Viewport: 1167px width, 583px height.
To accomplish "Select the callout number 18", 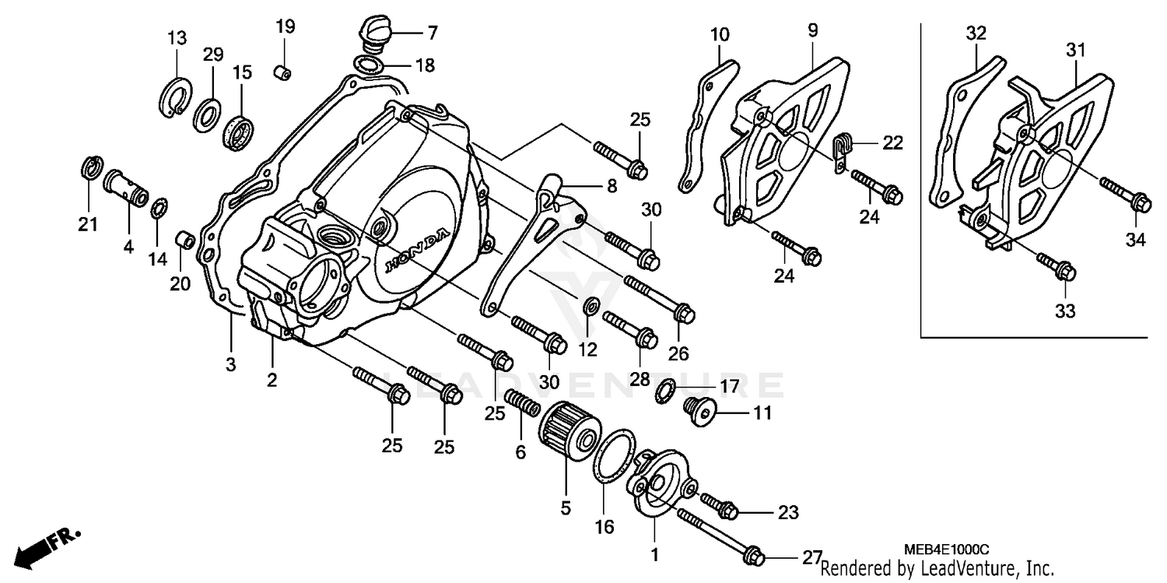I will pos(425,65).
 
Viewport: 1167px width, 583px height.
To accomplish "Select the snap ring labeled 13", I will pos(177,96).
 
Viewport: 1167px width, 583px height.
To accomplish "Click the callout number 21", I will pos(88,225).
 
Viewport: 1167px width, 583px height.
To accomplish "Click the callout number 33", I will pos(1064,311).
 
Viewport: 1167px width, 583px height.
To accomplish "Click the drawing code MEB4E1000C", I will pos(951,550).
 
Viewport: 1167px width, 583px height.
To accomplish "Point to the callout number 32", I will pos(976,33).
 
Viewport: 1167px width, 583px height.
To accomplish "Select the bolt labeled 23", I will pos(720,507).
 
